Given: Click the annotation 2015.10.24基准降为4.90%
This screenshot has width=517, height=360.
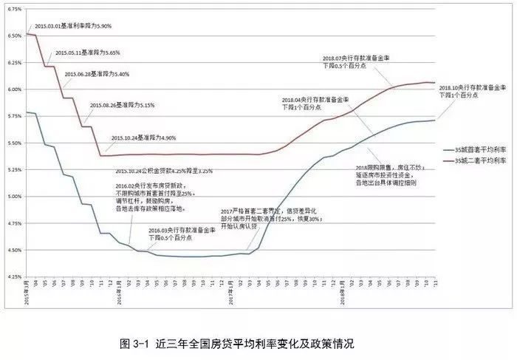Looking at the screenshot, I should [x=144, y=138].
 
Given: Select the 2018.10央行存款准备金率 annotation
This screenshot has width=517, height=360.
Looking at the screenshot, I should [x=471, y=90].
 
